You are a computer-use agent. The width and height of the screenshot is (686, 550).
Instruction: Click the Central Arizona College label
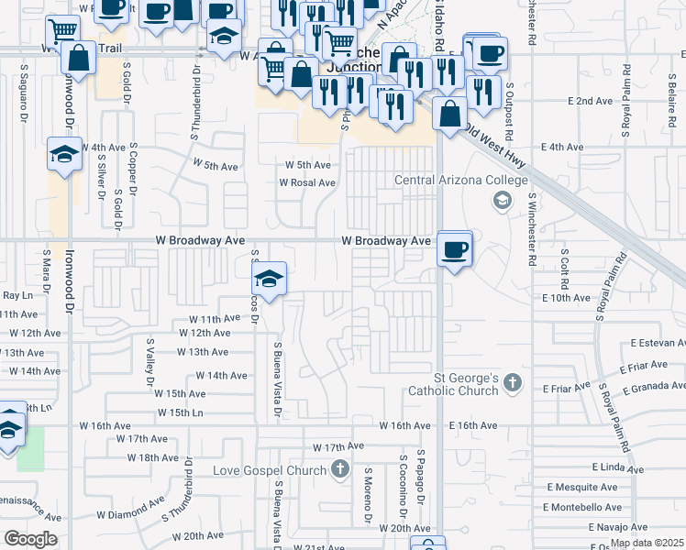(461, 180)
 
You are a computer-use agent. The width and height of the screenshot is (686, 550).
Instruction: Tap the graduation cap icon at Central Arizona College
(502, 200)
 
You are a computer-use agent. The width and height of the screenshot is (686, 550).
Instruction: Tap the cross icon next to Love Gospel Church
(340, 471)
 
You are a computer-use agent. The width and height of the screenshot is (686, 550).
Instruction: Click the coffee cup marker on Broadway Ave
(455, 248)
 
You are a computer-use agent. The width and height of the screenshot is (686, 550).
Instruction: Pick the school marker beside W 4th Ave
(64, 153)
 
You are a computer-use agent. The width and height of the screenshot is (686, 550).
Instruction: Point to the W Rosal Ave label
(307, 182)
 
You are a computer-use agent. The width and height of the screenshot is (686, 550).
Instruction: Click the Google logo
(30, 539)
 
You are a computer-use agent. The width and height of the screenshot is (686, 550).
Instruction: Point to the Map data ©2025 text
(646, 543)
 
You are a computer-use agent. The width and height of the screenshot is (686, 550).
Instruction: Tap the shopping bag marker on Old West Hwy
(449, 115)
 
